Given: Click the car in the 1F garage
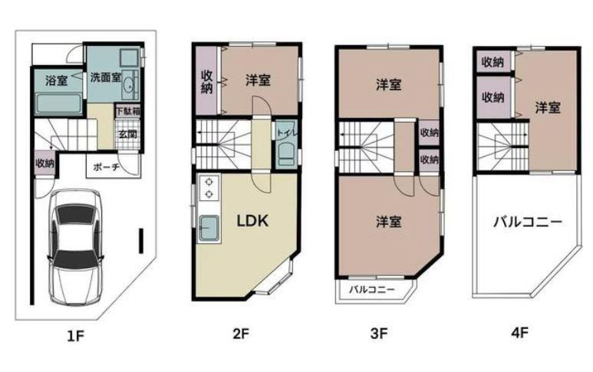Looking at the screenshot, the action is [76, 247].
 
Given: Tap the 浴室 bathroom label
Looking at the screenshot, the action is [57, 80].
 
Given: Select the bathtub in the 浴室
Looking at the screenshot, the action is [58, 104].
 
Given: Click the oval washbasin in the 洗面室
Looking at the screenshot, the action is [129, 85].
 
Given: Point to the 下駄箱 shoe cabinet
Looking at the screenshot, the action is [128, 111].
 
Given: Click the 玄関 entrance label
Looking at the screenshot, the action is [128, 134].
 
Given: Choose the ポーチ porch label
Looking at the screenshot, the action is [107, 167].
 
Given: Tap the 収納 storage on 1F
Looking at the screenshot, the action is [45, 163].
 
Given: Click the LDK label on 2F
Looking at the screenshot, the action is [252, 221].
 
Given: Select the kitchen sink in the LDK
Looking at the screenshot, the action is [209, 228].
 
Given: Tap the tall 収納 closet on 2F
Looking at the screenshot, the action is [206, 80].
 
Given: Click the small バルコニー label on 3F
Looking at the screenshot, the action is [372, 290].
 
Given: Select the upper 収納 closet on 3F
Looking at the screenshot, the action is [430, 133].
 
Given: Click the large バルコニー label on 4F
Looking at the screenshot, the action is [528, 222].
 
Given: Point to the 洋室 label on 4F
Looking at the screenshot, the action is [548, 108].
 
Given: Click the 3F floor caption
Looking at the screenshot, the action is [379, 334].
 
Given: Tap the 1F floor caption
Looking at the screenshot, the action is [75, 335].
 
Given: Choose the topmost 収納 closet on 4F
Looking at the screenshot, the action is [493, 61].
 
